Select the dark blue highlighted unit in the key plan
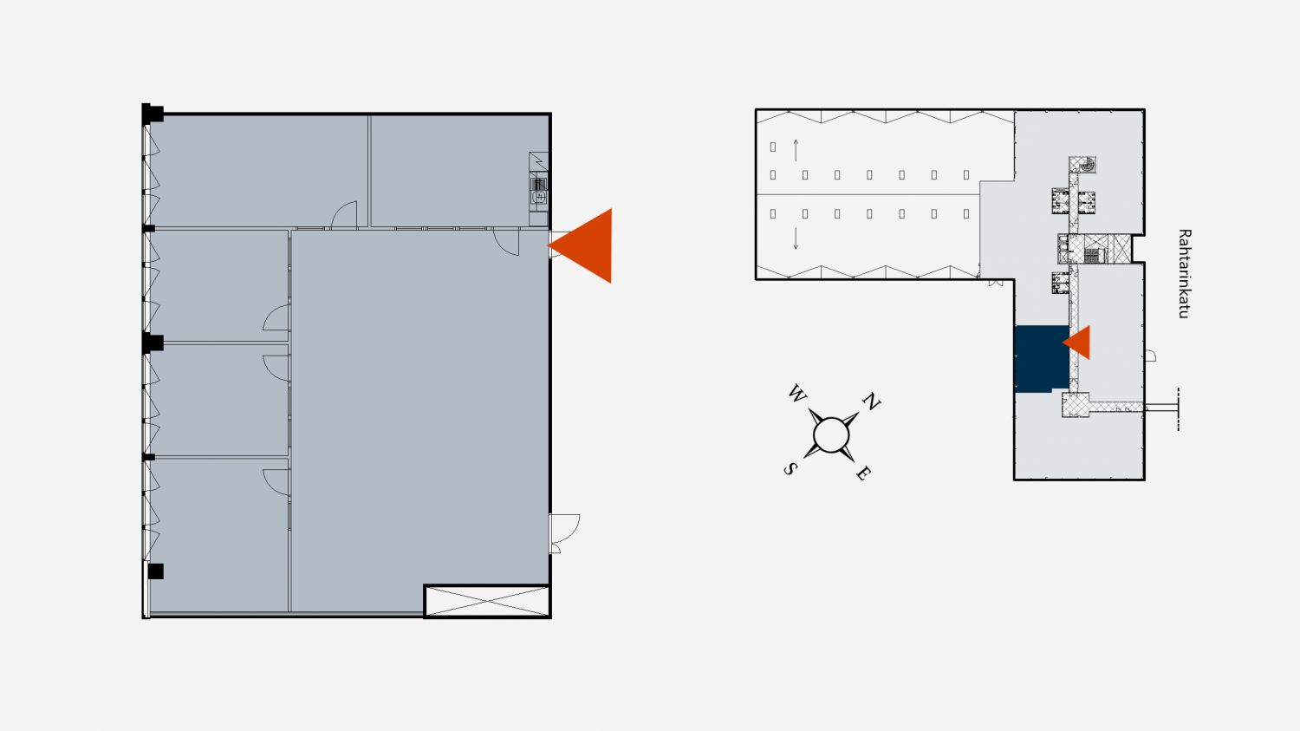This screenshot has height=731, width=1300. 1042,359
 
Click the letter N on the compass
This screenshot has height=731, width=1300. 871,401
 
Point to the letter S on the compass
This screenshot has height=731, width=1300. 790,468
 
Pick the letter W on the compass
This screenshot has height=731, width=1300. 796,394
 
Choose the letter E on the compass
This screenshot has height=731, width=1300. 863,473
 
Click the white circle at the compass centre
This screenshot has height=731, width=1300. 831,434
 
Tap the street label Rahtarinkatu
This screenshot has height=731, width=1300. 1185,273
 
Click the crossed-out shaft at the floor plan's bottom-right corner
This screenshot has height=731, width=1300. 487,601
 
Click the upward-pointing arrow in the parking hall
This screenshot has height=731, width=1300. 796,150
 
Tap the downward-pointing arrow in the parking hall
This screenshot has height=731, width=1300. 796,238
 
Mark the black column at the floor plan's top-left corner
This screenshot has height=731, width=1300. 152,114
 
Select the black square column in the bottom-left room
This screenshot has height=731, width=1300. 155,571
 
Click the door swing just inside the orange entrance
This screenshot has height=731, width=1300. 506,242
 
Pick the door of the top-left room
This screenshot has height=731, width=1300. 344,214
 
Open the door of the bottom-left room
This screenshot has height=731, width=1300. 276,482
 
